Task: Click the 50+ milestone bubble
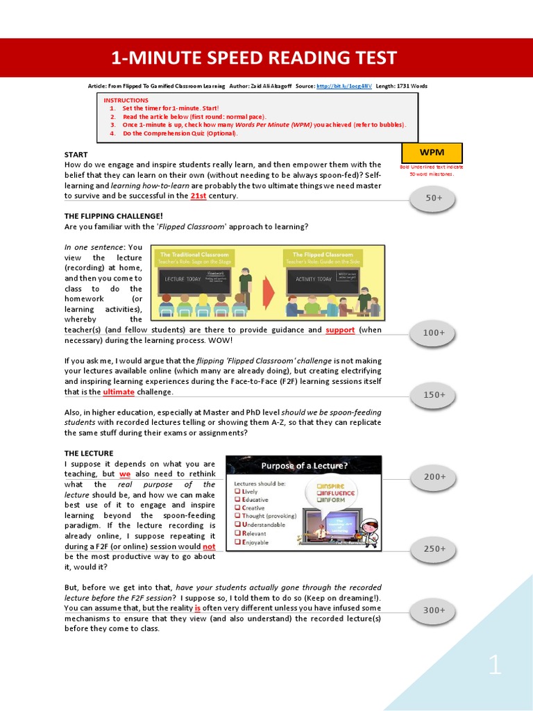[434, 199]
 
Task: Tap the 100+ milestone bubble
[434, 333]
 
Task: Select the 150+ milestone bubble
[434, 395]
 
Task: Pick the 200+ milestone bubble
[434, 477]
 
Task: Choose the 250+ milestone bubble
[434, 549]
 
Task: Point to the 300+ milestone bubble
[434, 610]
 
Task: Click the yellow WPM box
[432, 152]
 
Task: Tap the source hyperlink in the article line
[344, 86]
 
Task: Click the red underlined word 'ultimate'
[119, 392]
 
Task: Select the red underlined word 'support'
[340, 330]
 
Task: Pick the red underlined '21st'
[198, 196]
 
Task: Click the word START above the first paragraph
[76, 154]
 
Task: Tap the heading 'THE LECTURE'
[88, 453]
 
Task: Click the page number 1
[494, 667]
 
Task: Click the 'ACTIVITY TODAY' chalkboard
[314, 278]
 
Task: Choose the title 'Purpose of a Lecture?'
[305, 465]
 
